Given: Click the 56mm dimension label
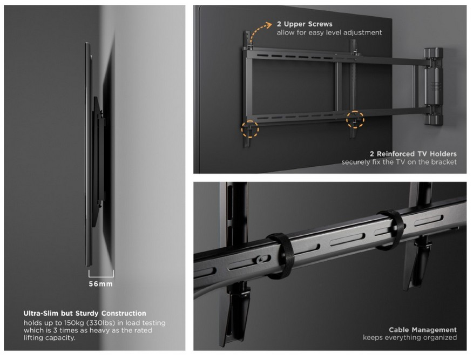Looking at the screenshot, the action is pos(101,284).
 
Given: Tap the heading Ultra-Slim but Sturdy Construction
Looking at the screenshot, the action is pos(85,314).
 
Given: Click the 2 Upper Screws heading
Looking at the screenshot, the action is pos(305,24).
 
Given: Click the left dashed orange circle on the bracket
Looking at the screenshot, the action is pos(250,130).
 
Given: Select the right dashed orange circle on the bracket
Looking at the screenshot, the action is pos(355,119).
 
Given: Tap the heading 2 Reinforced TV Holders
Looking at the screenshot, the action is pos(413,154).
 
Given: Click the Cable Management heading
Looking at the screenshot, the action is pos(423,330).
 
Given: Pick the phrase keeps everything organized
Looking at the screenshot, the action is pos(410,337).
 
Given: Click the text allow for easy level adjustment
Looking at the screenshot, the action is pos(329,32).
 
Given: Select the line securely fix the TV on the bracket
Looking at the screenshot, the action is pos(399,162).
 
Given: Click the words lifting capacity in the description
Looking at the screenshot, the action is pos(50,338).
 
